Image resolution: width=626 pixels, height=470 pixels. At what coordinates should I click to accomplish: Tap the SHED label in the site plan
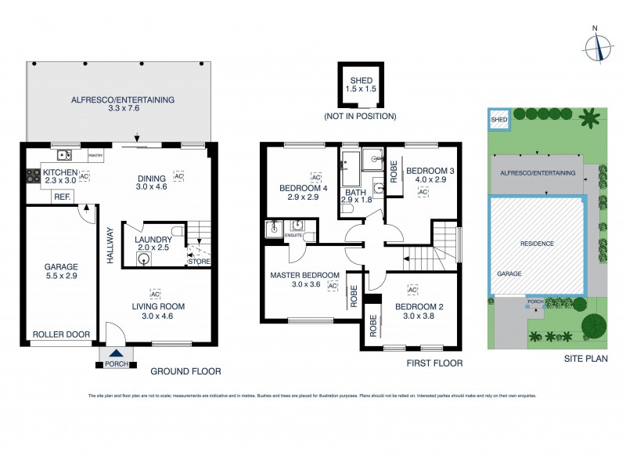pyautogui.click(x=498, y=119)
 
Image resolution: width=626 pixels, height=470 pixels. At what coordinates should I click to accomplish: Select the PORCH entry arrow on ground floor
pyautogui.click(x=117, y=353)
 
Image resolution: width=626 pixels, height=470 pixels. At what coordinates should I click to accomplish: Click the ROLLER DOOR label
pyautogui.click(x=60, y=334)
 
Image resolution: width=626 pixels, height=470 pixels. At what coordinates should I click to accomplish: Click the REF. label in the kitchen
pyautogui.click(x=60, y=197)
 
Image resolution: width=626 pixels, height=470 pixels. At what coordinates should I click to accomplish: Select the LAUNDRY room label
pyautogui.click(x=153, y=240)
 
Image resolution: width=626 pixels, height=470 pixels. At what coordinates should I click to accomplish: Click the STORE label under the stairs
pyautogui.click(x=198, y=261)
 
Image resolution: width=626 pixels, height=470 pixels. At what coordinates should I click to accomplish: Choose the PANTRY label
pyautogui.click(x=96, y=156)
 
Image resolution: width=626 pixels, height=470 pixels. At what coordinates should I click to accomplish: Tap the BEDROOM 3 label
pyautogui.click(x=430, y=170)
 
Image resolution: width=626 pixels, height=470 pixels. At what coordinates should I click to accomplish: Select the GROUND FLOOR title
pyautogui.click(x=185, y=372)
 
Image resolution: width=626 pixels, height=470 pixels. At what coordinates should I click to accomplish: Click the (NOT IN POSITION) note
pyautogui.click(x=360, y=116)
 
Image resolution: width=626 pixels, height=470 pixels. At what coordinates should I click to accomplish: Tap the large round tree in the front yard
pyautogui.click(x=594, y=324)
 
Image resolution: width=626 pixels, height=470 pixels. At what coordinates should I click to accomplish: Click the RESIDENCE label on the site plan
pyautogui.click(x=538, y=244)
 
